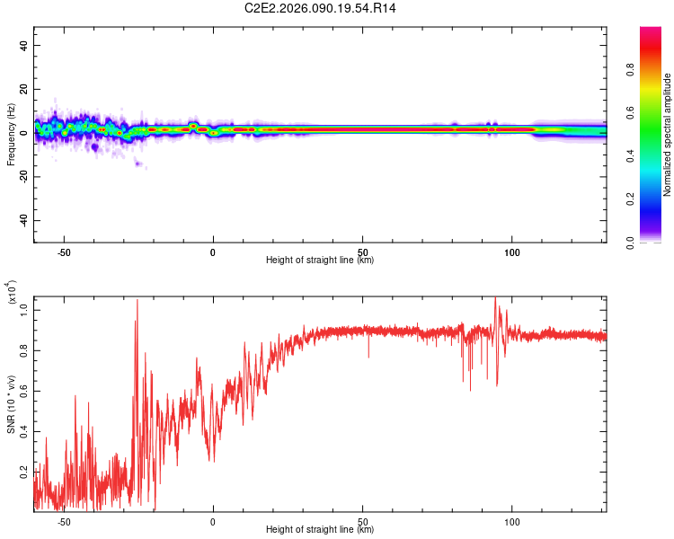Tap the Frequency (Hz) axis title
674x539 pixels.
[x=11, y=134]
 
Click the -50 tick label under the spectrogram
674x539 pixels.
[x=64, y=252]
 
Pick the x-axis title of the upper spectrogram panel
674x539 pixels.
[x=320, y=261]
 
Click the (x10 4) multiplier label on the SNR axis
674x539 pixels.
[x=13, y=293]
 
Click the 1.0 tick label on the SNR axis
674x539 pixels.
[x=24, y=309]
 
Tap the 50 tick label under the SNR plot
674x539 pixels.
[x=362, y=522]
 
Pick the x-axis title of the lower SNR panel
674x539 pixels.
[x=320, y=530]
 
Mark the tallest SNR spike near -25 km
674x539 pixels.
[x=137, y=301]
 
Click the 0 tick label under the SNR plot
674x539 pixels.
[x=213, y=522]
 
